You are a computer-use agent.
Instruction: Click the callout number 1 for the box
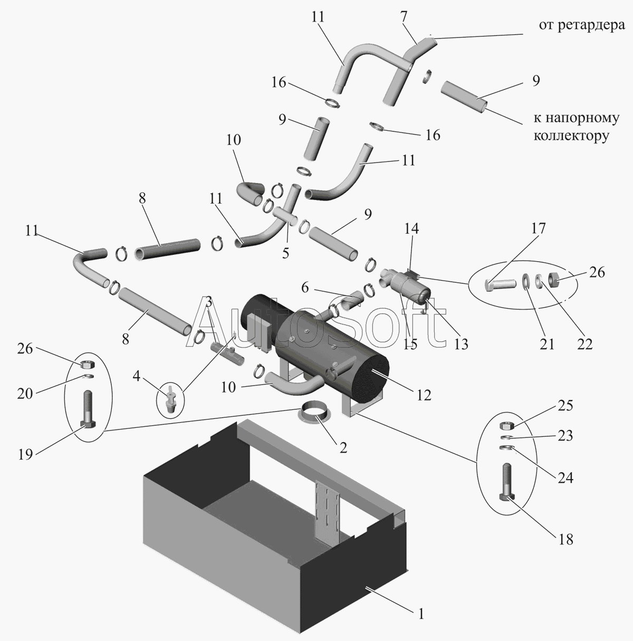[420, 614]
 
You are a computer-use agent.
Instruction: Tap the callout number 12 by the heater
[423, 394]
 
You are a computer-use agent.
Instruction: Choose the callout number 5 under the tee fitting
[285, 253]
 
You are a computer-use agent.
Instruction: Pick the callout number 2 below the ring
[343, 448]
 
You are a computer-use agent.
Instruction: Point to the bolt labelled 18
[506, 483]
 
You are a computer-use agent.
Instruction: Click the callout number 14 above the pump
[411, 229]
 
